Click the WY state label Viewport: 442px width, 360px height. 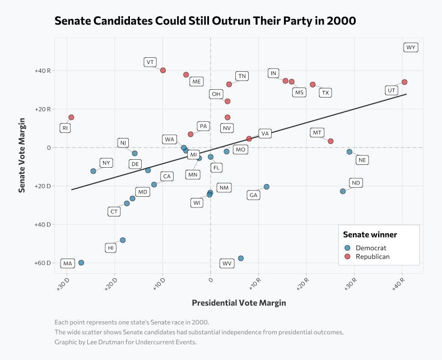pyautogui.click(x=411, y=48)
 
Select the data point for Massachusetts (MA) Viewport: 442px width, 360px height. pyautogui.click(x=81, y=262)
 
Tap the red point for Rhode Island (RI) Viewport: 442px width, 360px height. pyautogui.click(x=71, y=117)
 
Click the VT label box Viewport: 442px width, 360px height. pyautogui.click(x=150, y=62)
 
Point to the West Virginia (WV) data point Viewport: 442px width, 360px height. pyautogui.click(x=241, y=259)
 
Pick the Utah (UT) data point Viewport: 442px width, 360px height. pyautogui.click(x=404, y=82)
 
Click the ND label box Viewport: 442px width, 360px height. pyautogui.click(x=356, y=183)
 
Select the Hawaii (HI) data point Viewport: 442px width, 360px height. pyautogui.click(x=123, y=240)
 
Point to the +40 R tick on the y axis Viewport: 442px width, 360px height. pyautogui.click(x=43, y=71)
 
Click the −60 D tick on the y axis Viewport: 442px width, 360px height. pyautogui.click(x=43, y=263)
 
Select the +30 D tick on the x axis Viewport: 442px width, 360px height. pyautogui.click(x=63, y=284)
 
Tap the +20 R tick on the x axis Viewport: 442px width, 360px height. pyautogui.click(x=303, y=284)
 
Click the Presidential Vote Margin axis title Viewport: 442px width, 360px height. pyautogui.click(x=239, y=303)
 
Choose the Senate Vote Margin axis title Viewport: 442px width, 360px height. pyautogui.click(x=22, y=155)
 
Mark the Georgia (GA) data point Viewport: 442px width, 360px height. pyautogui.click(x=267, y=187)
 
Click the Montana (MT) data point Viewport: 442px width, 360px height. pyautogui.click(x=331, y=141)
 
